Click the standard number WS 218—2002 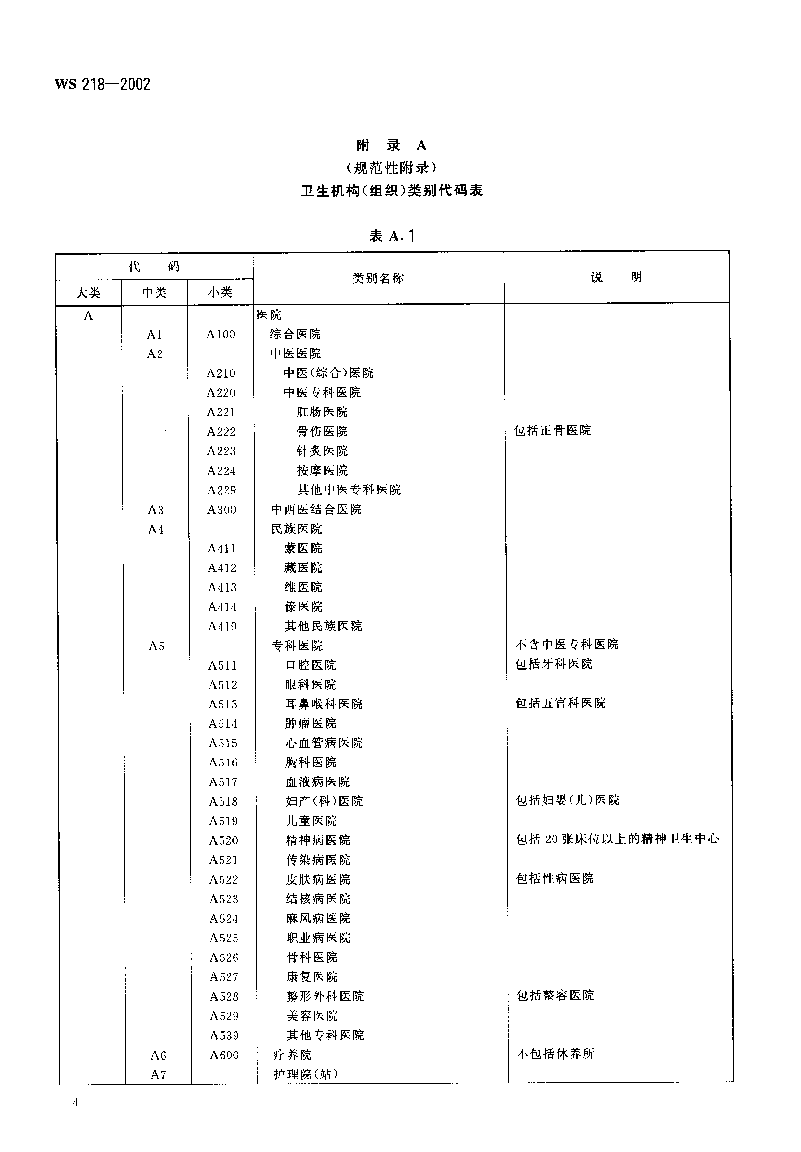pos(103,84)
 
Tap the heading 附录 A pos(391,145)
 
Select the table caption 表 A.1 pos(392,236)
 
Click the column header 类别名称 pos(378,278)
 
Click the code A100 pos(220,334)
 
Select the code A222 pos(221,432)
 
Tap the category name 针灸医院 pos(322,451)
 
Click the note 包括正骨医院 pos(553,431)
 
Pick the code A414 pos(222,607)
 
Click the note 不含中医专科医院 pos(566,644)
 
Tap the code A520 pos(223,840)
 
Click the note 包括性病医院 pos(555,879)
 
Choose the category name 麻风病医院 pos(318,918)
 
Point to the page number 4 pos(76,1102)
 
